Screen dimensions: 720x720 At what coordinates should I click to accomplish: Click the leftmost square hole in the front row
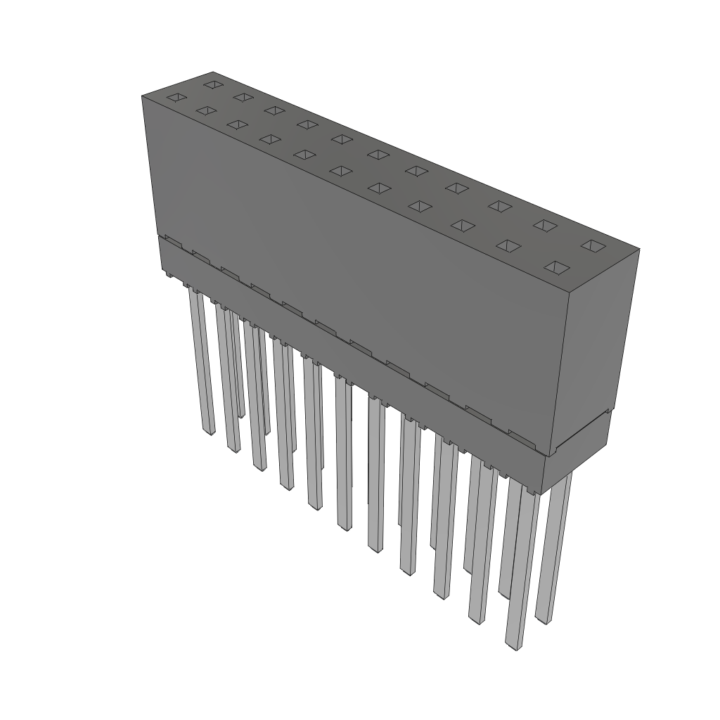click(x=176, y=98)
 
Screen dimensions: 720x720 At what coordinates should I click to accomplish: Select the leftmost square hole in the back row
click(x=213, y=84)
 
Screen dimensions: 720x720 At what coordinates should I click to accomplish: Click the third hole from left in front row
click(x=238, y=124)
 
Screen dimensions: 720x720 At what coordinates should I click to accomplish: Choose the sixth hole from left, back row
click(x=378, y=154)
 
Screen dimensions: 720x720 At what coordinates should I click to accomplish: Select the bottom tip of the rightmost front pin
click(x=515, y=645)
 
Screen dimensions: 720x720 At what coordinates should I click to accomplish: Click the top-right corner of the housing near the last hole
click(x=638, y=248)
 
